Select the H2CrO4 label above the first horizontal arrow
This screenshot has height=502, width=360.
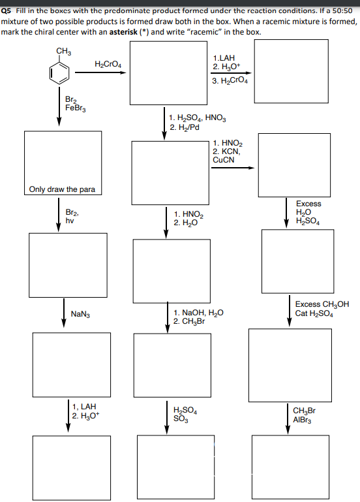[108, 63]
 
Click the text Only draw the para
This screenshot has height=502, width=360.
[63, 190]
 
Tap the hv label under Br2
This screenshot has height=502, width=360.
[70, 221]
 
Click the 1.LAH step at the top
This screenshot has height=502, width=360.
[224, 58]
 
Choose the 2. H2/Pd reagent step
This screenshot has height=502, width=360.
[183, 127]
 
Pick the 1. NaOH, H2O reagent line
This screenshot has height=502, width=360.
[199, 313]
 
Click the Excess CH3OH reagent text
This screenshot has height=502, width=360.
[322, 304]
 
